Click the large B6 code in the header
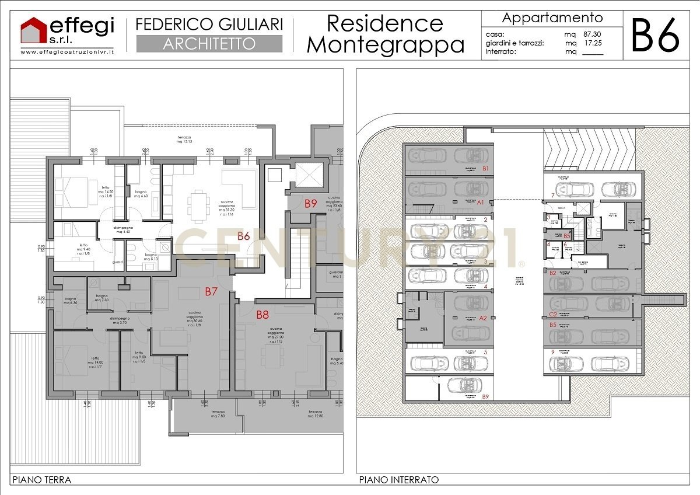pos(656,35)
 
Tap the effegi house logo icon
pos(34,31)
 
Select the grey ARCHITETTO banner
pos(209,44)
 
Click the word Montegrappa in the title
pos(385,45)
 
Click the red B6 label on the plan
pos(244,236)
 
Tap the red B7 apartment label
pos(211,291)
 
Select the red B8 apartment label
pos(262,315)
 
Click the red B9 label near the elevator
pos(310,204)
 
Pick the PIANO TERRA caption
pos(41,480)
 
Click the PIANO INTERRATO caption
pos(398,480)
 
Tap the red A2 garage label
pos(482,318)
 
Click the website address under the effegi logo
pos(67,52)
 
